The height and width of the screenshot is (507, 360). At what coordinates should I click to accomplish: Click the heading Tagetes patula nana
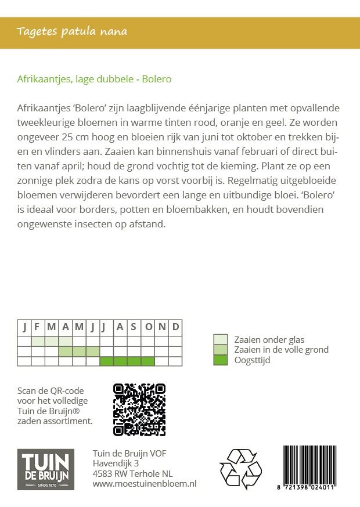[x=72, y=31]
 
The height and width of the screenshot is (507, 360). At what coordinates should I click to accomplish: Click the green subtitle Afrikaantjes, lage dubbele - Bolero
[x=95, y=79]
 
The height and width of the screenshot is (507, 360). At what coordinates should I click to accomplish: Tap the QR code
[x=139, y=409]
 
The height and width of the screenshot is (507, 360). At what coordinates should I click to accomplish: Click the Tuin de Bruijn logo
[x=45, y=469]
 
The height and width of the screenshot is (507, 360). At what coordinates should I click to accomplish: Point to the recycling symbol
[x=240, y=469]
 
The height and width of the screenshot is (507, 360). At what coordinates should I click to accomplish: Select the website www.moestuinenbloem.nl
[x=145, y=483]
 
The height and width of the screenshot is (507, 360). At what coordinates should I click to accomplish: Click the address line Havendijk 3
[x=116, y=463]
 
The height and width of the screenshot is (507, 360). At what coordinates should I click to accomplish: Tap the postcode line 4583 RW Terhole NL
[x=132, y=473]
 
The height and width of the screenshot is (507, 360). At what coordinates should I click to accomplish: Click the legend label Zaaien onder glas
[x=269, y=340]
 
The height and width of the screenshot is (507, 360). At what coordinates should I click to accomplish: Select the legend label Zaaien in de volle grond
[x=281, y=350]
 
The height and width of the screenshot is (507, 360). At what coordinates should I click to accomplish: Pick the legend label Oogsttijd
[x=252, y=360]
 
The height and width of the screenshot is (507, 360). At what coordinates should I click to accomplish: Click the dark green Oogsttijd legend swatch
[x=221, y=360]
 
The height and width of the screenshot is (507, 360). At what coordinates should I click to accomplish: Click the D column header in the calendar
[x=176, y=327]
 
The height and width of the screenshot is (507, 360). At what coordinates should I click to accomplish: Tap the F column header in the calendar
[x=37, y=327]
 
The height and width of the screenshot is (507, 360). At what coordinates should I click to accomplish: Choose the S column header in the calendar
[x=134, y=327]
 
